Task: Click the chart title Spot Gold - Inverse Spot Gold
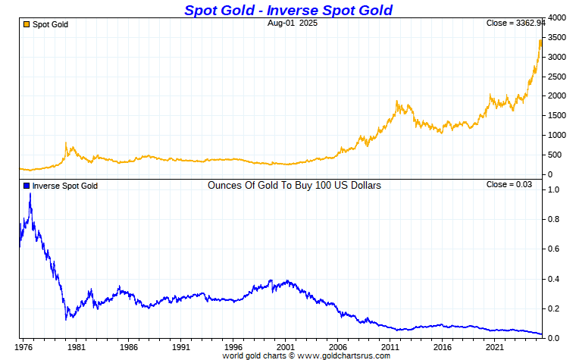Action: point(289,10)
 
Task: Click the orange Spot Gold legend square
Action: point(27,24)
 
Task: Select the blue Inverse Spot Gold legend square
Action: point(27,186)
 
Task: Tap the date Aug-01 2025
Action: point(292,23)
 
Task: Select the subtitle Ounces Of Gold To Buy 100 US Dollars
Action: point(294,185)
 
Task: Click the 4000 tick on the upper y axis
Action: point(557,17)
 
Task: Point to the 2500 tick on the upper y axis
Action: point(557,77)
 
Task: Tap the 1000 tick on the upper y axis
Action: point(557,135)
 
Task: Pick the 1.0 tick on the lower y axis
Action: point(553,189)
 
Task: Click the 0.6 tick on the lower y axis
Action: point(553,249)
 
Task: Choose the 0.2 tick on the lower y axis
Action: point(553,308)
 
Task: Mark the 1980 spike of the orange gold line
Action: point(66,143)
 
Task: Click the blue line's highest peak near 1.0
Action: point(30,194)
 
